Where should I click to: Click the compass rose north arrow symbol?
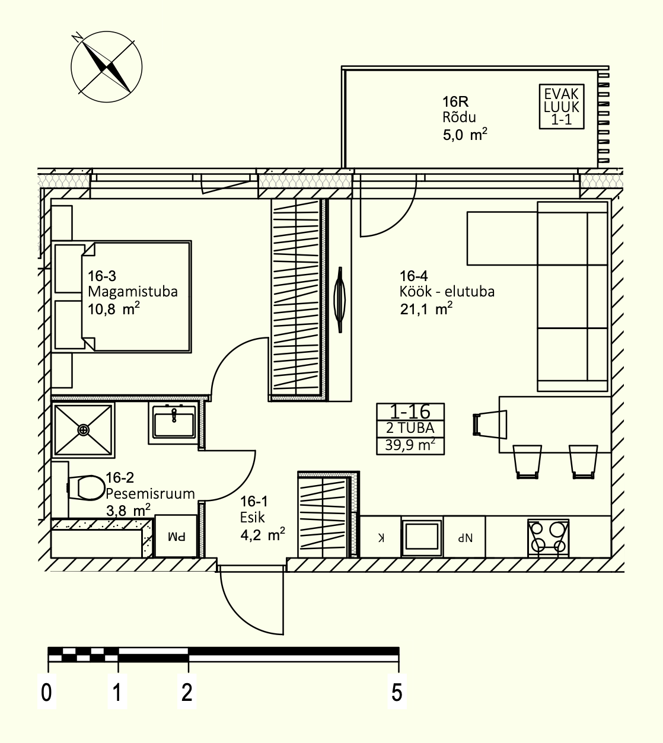click(106, 66)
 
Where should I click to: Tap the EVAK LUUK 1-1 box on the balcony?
click(562, 106)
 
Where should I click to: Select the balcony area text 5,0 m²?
click(465, 134)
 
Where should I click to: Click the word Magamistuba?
click(133, 292)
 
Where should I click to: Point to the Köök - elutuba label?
click(447, 292)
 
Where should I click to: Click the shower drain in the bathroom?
click(84, 430)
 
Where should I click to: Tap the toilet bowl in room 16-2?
click(87, 488)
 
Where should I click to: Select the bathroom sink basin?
click(174, 423)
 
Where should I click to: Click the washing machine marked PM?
click(176, 536)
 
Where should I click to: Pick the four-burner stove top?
click(548, 538)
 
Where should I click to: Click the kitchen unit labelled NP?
click(464, 537)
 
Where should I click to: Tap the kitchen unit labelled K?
click(381, 537)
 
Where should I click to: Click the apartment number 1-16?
click(410, 412)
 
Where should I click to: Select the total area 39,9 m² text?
click(410, 445)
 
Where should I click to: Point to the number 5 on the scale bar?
click(397, 693)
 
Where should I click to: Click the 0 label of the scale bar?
click(47, 693)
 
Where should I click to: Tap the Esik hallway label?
click(252, 518)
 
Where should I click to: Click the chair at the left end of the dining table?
click(490, 424)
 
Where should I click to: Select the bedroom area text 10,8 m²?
click(114, 309)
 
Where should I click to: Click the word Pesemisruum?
click(150, 493)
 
